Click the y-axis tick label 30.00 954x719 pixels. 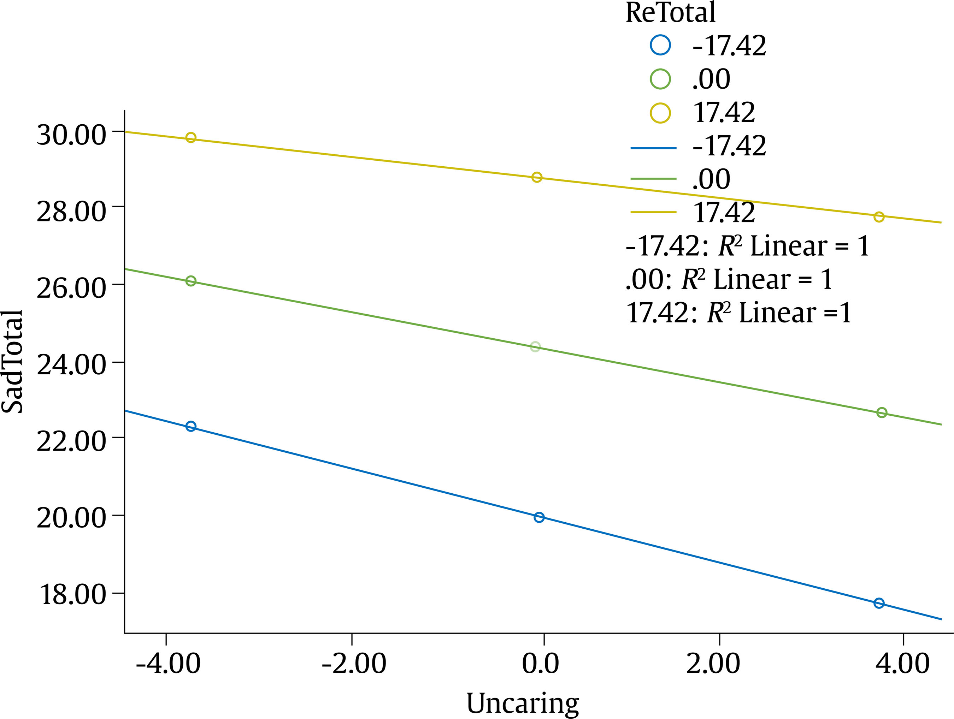71,135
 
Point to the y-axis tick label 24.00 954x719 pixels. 71,365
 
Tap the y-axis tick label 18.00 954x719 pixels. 72,594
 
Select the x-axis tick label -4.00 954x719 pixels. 168,664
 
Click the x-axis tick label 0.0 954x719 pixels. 540,664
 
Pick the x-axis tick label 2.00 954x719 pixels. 713,664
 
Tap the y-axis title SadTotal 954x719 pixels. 12,361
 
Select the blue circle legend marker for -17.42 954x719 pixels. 660,45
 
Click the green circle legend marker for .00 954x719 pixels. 660,79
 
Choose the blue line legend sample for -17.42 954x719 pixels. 653,148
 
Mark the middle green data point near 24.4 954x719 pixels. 535,346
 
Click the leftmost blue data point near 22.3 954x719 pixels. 191,426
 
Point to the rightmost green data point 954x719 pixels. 882,412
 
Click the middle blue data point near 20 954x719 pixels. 539,517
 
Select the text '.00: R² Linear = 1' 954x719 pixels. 729,279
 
